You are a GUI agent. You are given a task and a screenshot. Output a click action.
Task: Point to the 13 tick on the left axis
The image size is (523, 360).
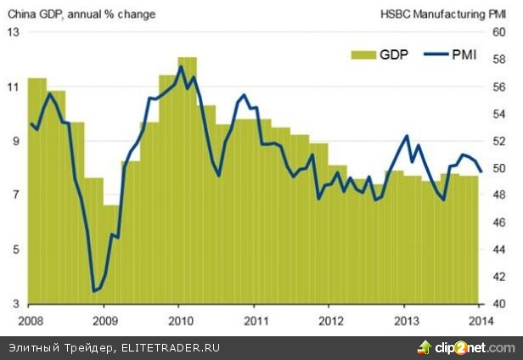[13, 32]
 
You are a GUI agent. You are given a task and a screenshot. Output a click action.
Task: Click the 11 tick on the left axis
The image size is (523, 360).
[13, 87]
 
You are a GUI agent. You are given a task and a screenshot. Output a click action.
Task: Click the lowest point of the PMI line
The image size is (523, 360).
[93, 291]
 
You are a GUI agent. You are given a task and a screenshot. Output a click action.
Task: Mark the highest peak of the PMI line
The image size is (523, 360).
[182, 67]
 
